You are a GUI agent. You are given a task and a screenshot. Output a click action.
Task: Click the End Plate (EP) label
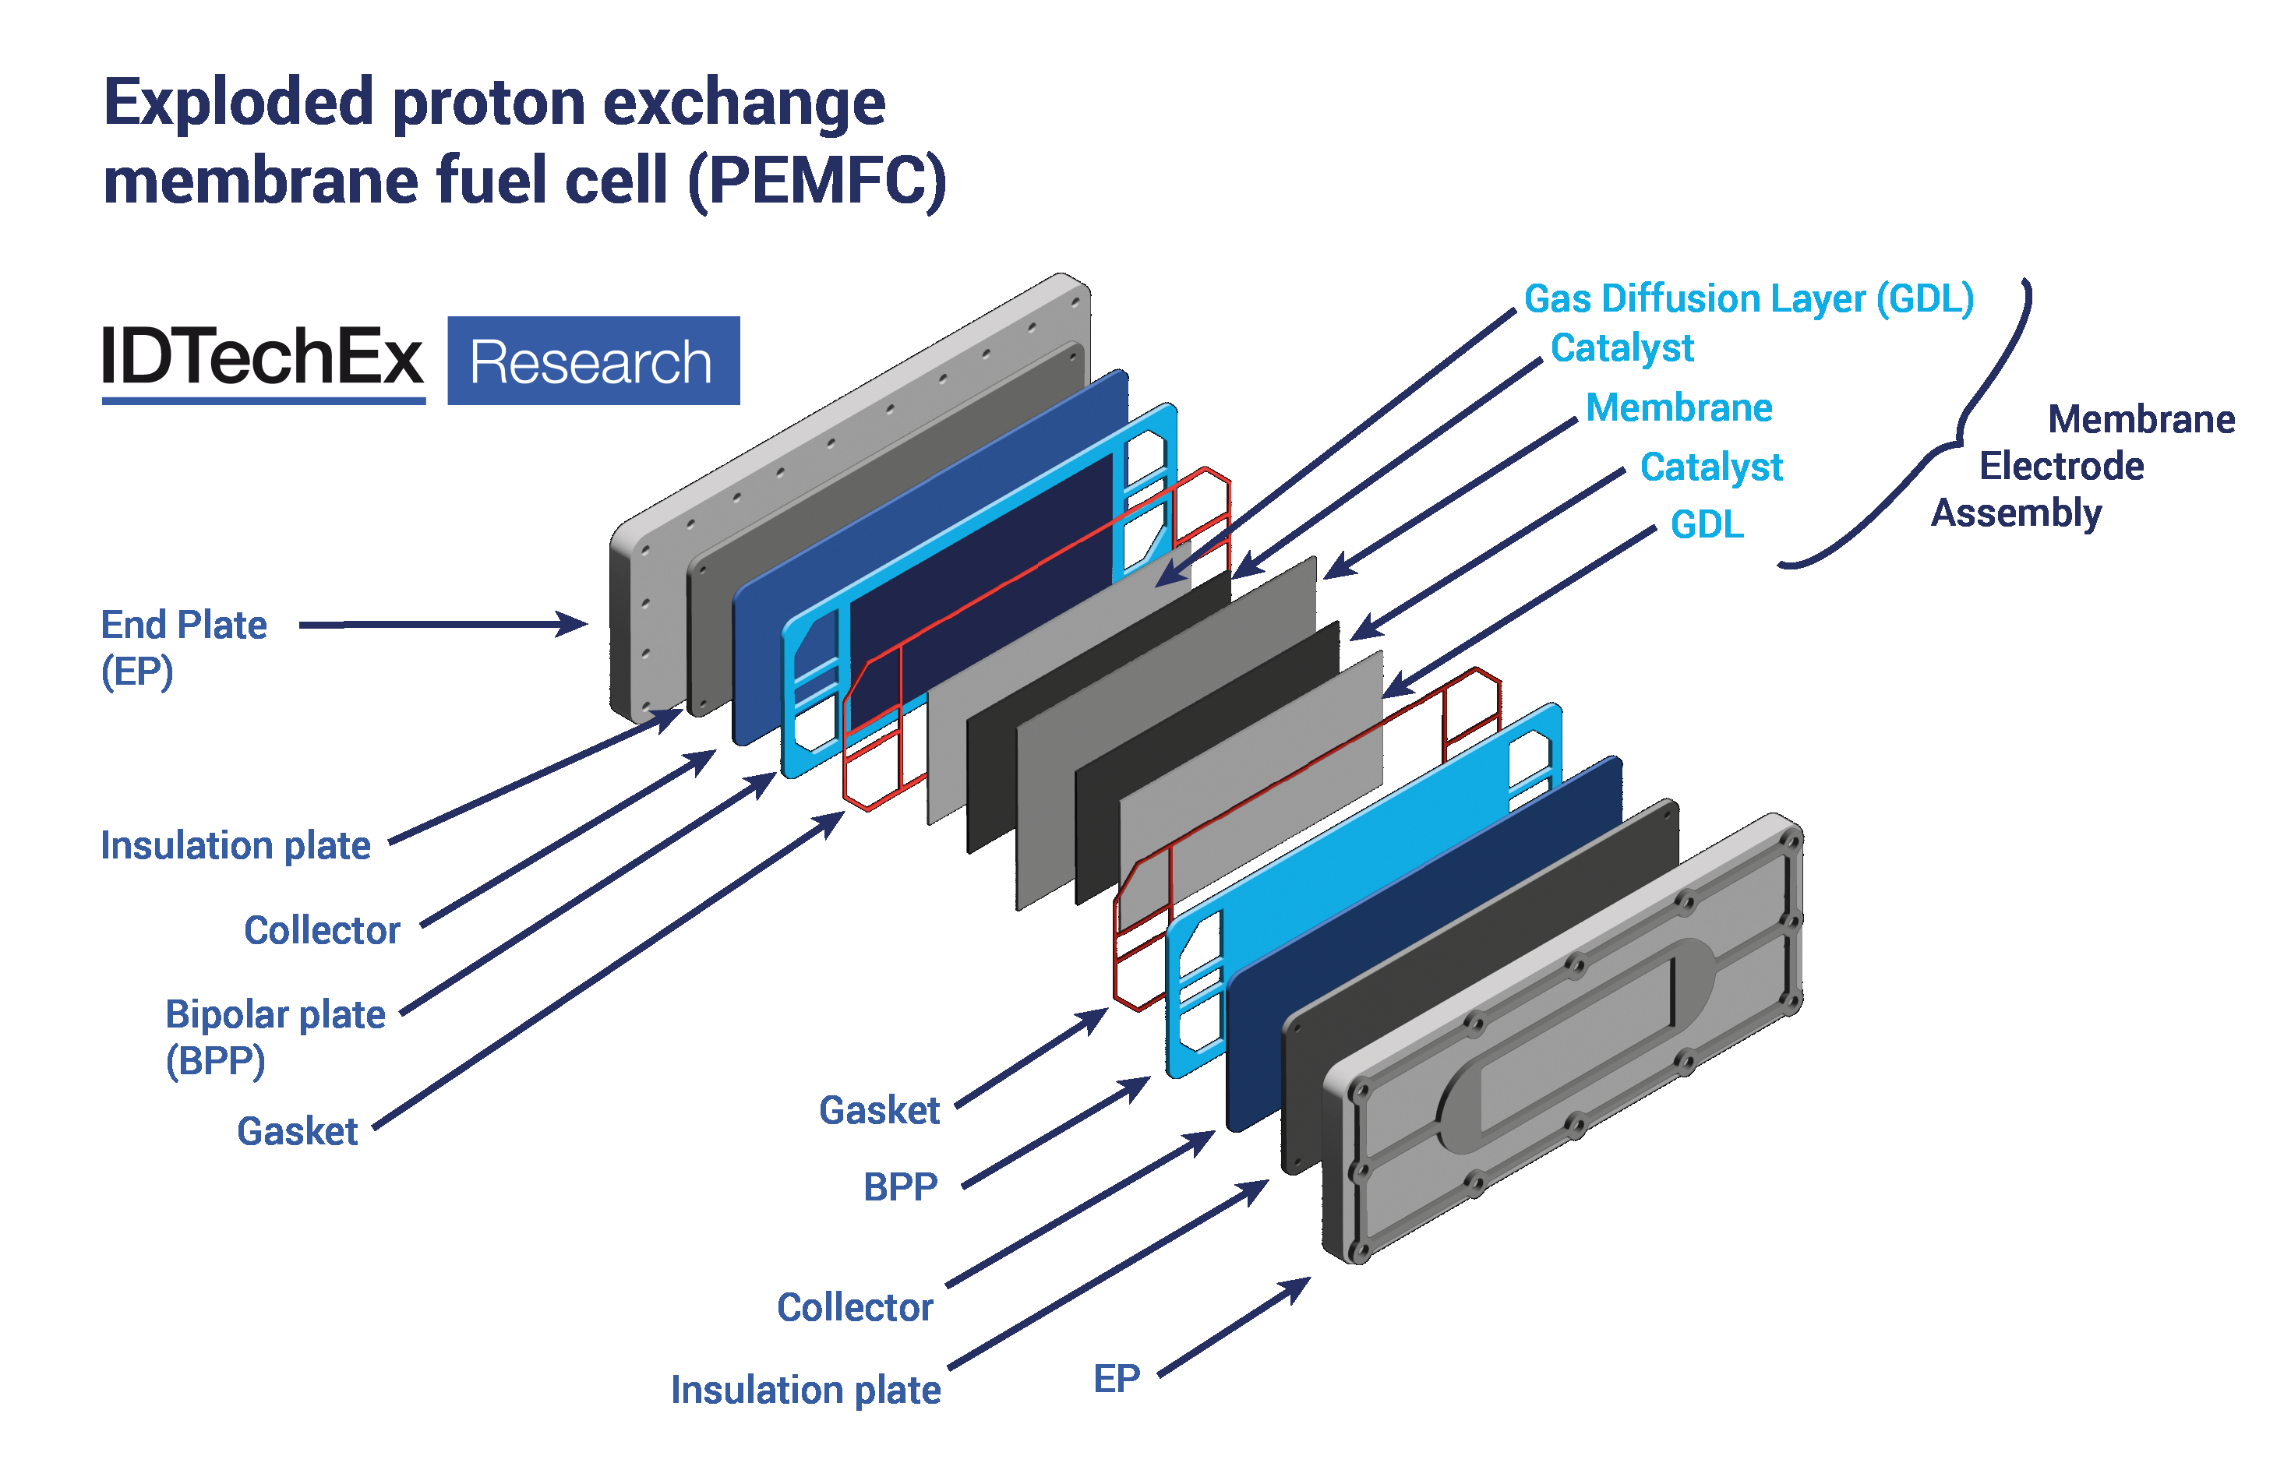click(183, 647)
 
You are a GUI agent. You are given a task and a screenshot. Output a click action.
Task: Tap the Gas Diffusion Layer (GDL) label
click(1748, 299)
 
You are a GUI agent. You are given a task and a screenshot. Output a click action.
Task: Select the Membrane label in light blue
click(1679, 407)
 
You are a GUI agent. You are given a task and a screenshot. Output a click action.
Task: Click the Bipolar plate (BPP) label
click(274, 1037)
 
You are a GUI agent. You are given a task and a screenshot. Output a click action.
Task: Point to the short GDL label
click(1707, 524)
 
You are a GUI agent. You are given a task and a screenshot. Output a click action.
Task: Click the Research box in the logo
click(593, 361)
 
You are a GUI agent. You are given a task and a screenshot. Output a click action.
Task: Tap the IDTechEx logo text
click(263, 357)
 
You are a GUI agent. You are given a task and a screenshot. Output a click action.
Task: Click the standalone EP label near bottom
click(1116, 1378)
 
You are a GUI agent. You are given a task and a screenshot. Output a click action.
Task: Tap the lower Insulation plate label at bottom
click(805, 1390)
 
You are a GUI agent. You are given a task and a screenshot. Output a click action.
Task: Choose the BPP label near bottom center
click(900, 1186)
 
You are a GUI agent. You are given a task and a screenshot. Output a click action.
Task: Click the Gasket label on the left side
click(297, 1131)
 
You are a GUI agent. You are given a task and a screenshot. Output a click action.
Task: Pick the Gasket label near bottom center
click(879, 1110)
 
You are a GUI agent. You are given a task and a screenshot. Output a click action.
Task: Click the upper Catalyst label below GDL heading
click(1621, 347)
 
